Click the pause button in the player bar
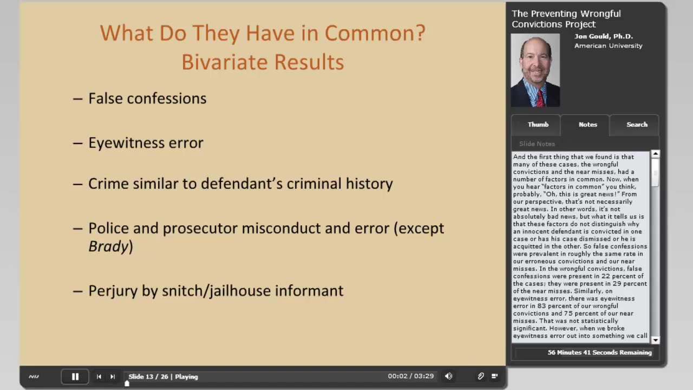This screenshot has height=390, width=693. [75, 376]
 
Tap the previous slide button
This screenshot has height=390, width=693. [99, 376]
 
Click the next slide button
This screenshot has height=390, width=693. [113, 376]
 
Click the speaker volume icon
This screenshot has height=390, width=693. [449, 376]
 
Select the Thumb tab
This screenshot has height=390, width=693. [538, 125]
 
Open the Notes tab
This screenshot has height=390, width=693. [587, 125]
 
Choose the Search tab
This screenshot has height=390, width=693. [637, 125]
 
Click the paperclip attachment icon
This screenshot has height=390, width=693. [480, 376]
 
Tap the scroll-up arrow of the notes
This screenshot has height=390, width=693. [655, 154]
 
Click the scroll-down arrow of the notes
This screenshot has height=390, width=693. [655, 340]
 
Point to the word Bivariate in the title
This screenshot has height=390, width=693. [225, 62]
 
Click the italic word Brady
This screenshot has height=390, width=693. [108, 246]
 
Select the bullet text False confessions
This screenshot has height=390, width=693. [147, 99]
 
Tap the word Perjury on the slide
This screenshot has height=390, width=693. [113, 291]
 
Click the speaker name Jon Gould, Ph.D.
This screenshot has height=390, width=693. [604, 36]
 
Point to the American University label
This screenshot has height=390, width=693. [608, 46]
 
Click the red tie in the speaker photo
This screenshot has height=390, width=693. [540, 98]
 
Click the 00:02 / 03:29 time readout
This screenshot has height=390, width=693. [411, 376]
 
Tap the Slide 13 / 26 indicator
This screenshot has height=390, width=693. [148, 376]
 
